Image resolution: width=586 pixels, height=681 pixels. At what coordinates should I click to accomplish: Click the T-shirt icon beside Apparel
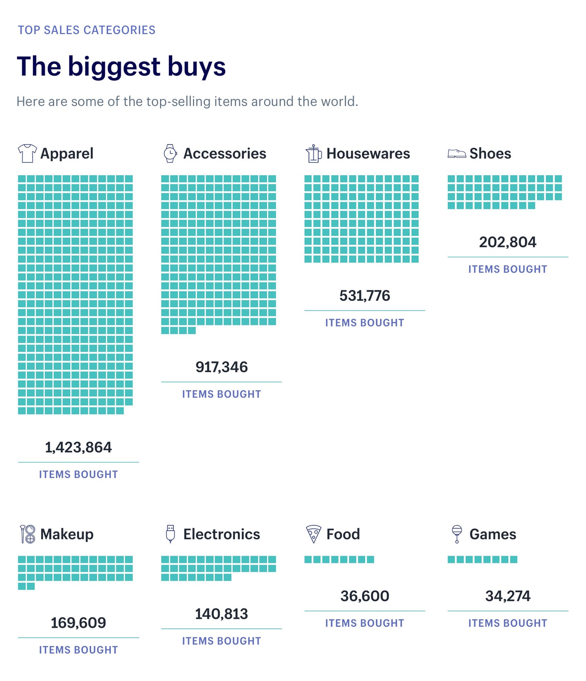27,153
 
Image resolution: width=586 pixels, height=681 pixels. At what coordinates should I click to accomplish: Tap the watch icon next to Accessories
170,153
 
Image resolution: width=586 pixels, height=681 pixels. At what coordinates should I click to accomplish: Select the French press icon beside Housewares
314,153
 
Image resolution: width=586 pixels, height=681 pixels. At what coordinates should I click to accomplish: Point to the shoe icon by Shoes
456,153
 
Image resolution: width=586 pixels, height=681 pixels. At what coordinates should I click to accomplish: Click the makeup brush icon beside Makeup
27,534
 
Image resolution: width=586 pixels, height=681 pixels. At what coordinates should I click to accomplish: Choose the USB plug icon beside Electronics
170,534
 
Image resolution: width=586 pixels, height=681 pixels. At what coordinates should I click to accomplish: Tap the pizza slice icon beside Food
314,534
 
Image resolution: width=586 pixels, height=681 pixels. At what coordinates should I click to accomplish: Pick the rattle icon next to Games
457,534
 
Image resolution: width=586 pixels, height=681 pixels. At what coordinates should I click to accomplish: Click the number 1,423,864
78,447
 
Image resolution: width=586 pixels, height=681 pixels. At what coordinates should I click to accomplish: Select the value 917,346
222,367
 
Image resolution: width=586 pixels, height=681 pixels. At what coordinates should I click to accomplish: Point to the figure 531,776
365,296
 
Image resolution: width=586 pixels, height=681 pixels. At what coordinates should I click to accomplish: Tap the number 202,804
508,242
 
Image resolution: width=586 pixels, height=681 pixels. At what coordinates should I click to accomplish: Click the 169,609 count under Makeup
78,623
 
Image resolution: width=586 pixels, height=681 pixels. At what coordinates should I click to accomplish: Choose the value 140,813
222,614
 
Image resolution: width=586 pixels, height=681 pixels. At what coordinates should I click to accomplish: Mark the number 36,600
365,596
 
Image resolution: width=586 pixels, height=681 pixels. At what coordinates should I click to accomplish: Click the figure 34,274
508,596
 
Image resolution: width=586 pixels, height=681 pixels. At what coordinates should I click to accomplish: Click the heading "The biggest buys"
121,66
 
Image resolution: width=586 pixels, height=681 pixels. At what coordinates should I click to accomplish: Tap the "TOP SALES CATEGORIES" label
87,30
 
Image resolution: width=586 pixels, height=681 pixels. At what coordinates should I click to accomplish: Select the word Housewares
368,153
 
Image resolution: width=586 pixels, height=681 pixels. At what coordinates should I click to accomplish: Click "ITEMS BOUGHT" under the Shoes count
508,269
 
